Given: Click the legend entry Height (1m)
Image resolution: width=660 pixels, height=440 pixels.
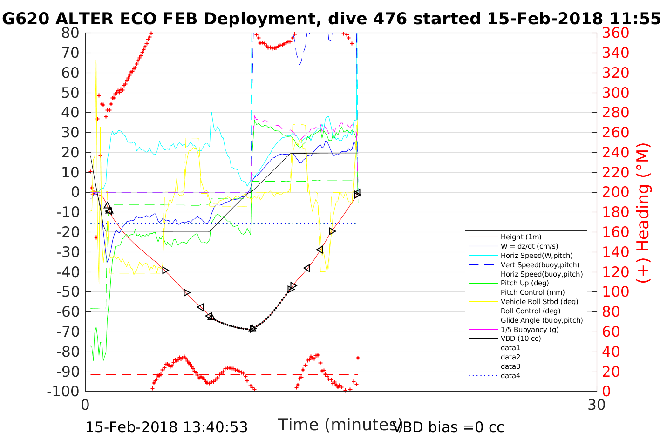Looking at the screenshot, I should pos(521,237).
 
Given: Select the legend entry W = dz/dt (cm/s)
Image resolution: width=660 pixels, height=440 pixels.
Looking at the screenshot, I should pos(529,246).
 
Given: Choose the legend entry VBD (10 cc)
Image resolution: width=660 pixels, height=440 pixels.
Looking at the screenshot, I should pos(521,338).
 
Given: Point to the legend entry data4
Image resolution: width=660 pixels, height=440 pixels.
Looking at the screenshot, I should pos(510,376).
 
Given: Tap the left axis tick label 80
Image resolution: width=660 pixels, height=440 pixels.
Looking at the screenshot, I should pos(70,33).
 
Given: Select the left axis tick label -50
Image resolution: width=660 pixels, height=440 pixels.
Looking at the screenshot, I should pos(68,291).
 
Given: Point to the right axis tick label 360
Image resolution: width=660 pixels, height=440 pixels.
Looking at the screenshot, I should pos(616,33).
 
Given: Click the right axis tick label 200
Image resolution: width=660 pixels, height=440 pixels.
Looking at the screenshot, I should pos(616,192).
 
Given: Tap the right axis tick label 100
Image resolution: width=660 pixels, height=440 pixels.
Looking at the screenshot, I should pos(616,291).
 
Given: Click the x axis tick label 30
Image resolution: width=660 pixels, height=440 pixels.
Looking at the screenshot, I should pos(597,405).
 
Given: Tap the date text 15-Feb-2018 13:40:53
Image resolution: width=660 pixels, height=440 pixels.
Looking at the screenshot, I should pos(167,427).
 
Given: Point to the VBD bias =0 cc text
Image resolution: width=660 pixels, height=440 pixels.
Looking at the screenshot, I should pos(449,427).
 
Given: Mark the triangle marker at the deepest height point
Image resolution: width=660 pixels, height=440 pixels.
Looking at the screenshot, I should pos(252,329).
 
